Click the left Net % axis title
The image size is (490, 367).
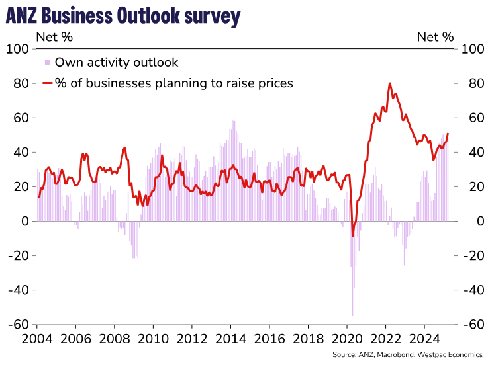coord(54,37)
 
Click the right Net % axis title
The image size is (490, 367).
coord(435,37)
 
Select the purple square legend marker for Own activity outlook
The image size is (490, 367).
coord(48,63)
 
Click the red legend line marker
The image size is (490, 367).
coord(48,83)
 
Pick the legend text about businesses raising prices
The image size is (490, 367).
coord(174,83)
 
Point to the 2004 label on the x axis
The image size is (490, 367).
coord(37,337)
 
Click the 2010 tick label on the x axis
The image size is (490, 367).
coord(153,337)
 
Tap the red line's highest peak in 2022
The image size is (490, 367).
coord(389,83)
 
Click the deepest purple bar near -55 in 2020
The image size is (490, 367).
coord(352,315)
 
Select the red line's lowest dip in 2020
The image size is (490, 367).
coord(352,235)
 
